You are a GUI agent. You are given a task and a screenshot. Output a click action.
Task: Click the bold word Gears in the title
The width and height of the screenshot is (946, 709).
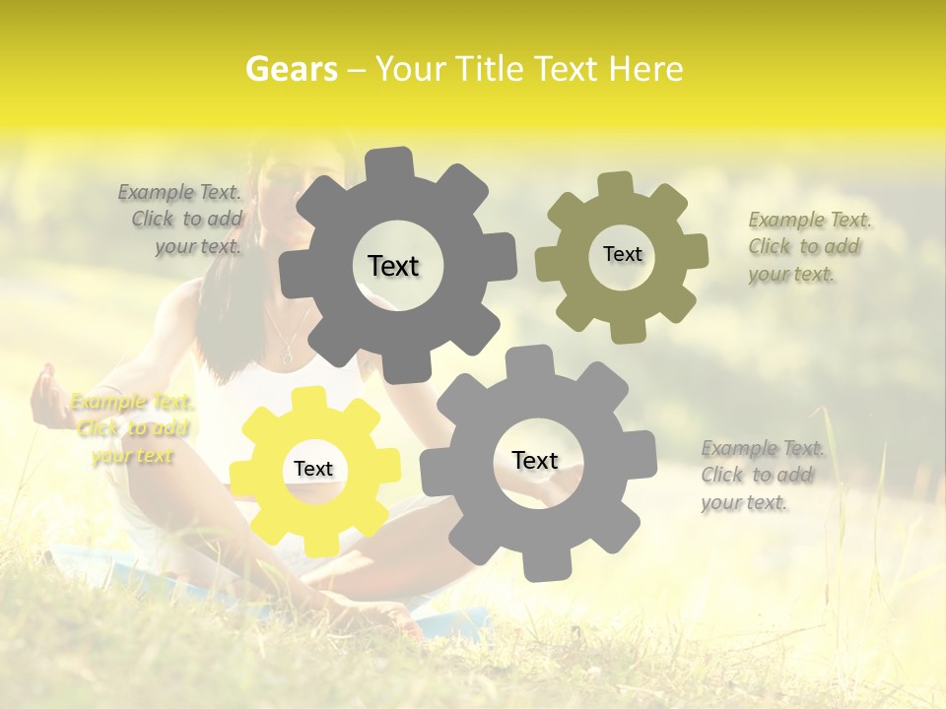(x=290, y=69)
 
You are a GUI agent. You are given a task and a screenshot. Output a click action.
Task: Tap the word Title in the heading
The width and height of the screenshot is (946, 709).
(x=490, y=69)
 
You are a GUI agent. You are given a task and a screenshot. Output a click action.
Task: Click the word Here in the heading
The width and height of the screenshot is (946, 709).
(x=645, y=69)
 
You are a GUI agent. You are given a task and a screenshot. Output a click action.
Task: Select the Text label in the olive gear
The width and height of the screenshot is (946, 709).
(x=622, y=254)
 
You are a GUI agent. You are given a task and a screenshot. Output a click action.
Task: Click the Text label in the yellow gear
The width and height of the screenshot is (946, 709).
(x=313, y=470)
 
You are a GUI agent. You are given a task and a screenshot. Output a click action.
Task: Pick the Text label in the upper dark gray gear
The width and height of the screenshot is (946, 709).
(x=393, y=266)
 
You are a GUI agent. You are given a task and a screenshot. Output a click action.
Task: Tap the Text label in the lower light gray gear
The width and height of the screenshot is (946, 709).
(x=535, y=460)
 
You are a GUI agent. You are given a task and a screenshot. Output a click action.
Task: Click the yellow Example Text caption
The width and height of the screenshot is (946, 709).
(x=132, y=428)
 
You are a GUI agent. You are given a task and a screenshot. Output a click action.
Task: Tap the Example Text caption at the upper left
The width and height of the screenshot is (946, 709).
(x=183, y=220)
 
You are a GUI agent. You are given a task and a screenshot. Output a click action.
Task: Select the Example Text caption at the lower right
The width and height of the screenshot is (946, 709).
(x=762, y=475)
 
